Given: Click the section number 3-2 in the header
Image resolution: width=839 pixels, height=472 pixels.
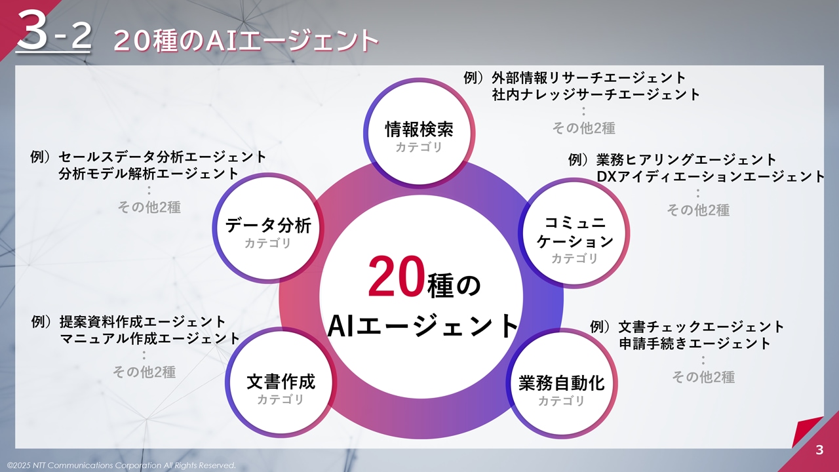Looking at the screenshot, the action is [53, 31].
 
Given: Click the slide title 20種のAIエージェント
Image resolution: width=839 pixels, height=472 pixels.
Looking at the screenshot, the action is [246, 41].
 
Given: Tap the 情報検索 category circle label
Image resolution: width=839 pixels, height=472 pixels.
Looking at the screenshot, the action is [419, 129].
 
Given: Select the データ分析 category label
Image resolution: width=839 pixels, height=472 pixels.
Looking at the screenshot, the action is [268, 226].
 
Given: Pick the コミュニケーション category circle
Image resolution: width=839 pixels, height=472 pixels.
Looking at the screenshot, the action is [575, 232].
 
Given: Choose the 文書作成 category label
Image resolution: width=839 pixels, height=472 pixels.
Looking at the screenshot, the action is [281, 382].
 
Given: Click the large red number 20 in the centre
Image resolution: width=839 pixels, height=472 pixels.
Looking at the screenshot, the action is [397, 277].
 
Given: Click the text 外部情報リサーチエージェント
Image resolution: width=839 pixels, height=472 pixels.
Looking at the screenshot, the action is [589, 78].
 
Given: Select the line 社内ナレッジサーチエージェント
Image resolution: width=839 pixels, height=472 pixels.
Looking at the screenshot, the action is [596, 94].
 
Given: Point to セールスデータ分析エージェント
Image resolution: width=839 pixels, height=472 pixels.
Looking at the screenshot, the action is [163, 157].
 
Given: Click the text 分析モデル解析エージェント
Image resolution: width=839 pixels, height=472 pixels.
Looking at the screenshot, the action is [149, 174].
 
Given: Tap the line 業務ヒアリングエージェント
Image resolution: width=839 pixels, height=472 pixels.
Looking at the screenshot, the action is [686, 160].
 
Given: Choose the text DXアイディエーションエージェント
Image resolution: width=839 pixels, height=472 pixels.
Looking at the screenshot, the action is [711, 176].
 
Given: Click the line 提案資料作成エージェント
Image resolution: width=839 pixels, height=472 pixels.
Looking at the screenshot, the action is [142, 322].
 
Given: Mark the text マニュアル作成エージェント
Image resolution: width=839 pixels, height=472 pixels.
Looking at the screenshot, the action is [149, 338].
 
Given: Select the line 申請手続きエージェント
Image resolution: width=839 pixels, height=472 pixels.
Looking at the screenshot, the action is [694, 343].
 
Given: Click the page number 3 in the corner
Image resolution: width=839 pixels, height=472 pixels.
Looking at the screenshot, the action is [819, 450].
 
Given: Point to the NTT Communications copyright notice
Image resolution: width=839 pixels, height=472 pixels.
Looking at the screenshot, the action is [121, 465].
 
